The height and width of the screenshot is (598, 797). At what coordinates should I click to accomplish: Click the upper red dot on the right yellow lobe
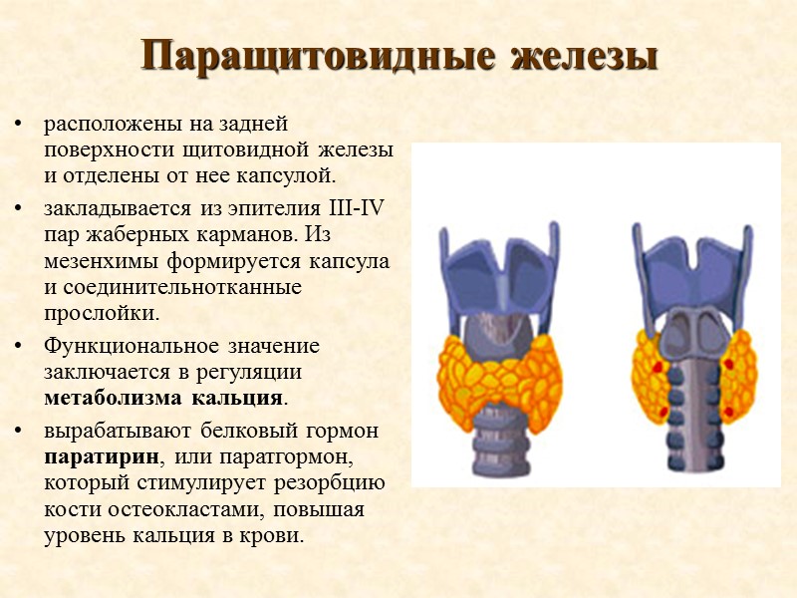728,364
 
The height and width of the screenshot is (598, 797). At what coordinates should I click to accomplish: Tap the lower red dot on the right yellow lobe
727,411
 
